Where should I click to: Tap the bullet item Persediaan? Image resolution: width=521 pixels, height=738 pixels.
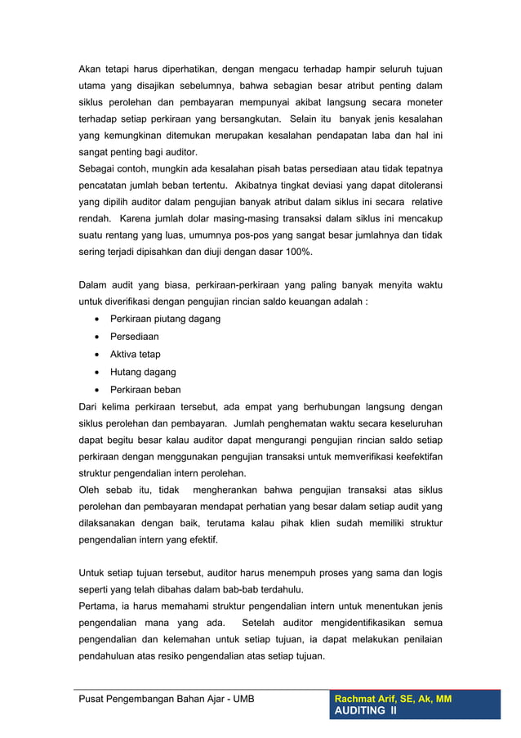[135, 337]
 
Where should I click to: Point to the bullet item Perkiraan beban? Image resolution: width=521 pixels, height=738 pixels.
[145, 390]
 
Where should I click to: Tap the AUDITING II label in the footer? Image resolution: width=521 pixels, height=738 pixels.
[365, 713]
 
